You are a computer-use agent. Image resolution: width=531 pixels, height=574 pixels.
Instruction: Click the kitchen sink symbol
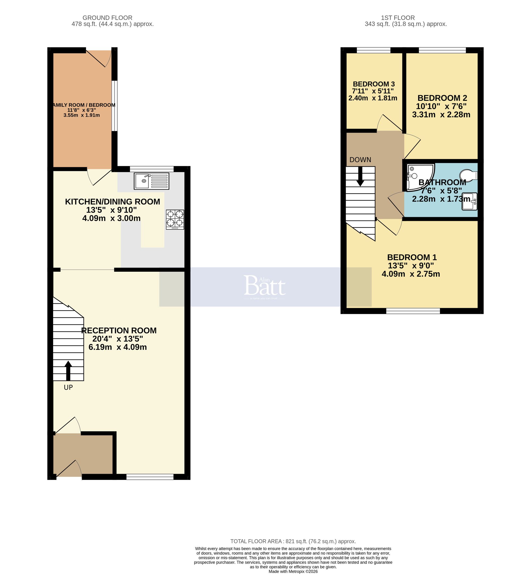(x=151, y=181)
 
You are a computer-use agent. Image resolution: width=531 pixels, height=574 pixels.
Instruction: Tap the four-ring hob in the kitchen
(x=175, y=220)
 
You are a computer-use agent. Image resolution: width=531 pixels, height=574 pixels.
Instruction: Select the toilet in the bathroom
(x=468, y=175)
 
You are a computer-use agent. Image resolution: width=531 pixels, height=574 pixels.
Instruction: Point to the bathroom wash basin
(x=469, y=201)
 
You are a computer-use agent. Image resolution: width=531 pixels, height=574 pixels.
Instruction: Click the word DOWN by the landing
(x=360, y=160)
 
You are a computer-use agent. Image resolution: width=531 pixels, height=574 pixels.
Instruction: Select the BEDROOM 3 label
(x=374, y=84)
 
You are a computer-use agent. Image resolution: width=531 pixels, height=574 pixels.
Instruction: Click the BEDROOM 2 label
(x=442, y=98)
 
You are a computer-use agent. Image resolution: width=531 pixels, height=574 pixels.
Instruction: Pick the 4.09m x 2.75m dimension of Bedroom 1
(x=411, y=274)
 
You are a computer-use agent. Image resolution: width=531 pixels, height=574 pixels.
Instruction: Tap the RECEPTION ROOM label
(x=119, y=330)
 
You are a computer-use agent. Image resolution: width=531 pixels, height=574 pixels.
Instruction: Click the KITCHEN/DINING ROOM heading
(x=112, y=202)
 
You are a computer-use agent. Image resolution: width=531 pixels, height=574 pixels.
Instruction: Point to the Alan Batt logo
(x=265, y=286)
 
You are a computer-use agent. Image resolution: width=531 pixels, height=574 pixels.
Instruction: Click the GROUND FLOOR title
(x=107, y=18)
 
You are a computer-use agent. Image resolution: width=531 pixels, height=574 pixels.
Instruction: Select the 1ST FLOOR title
(x=398, y=18)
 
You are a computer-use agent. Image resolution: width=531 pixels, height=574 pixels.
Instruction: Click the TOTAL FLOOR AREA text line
(x=293, y=541)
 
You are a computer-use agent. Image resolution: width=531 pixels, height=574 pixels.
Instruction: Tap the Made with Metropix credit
(x=293, y=571)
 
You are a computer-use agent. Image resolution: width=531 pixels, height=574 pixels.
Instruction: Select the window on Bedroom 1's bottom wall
(x=413, y=311)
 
